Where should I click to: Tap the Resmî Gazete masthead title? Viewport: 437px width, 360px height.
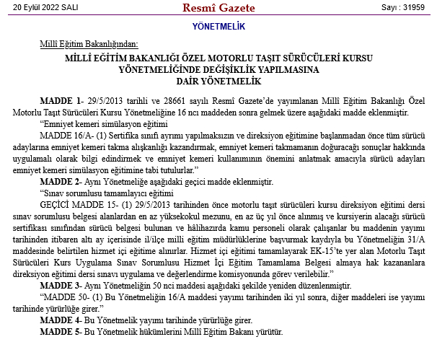coord(218,7)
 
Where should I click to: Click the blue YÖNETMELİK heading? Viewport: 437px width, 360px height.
coord(219,27)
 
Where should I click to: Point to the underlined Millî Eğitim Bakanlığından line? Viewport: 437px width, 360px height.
coord(89,45)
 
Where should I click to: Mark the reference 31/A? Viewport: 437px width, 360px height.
coord(418,239)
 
